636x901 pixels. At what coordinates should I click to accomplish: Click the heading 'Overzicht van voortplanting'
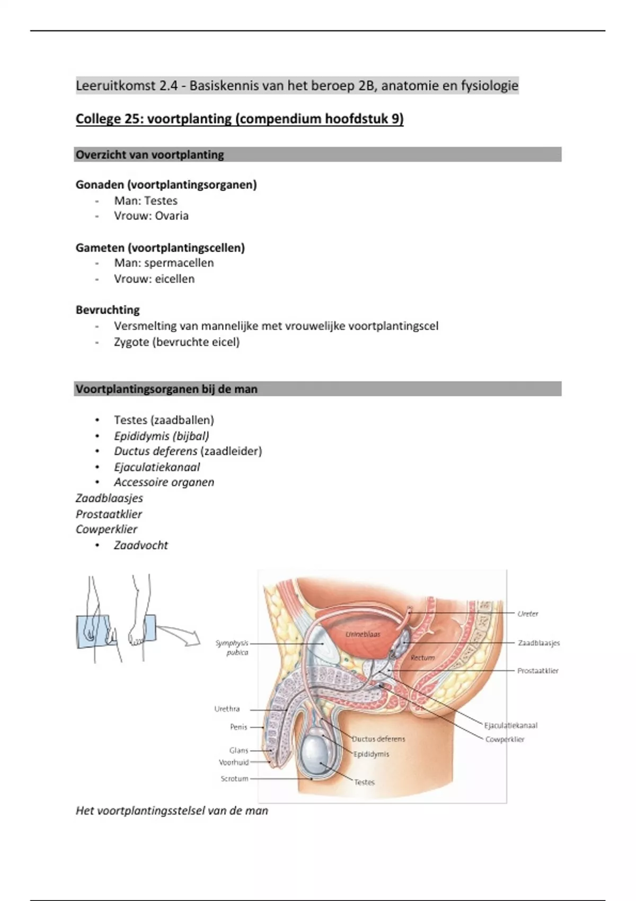point(150,155)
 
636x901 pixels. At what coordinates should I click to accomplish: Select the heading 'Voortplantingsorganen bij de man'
point(166,389)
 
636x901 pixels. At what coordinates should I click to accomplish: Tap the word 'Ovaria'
point(172,216)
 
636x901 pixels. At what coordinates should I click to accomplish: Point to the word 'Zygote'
point(131,342)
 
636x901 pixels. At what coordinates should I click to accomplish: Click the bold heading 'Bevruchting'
point(108,310)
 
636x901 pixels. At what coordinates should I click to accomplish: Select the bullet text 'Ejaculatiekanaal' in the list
point(157,467)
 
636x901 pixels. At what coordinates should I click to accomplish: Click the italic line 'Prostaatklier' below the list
point(109,514)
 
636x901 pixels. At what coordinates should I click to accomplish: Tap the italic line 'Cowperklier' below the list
point(107,529)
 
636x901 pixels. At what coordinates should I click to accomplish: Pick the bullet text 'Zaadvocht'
point(141,545)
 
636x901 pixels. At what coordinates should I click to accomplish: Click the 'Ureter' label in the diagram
point(528,614)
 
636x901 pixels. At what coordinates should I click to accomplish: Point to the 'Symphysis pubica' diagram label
point(232,648)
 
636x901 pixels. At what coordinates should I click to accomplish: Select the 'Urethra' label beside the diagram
point(227,709)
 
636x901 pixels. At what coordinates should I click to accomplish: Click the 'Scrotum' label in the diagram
point(234,779)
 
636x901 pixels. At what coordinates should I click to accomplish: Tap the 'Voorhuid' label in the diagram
point(234,762)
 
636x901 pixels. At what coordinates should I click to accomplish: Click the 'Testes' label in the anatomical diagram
point(365,782)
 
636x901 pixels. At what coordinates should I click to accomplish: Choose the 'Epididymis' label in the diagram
point(372,754)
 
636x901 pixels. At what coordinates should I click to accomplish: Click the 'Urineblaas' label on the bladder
point(363,634)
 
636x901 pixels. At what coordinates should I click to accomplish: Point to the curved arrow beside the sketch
point(179,635)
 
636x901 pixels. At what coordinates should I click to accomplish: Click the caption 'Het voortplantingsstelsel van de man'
point(172,810)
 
